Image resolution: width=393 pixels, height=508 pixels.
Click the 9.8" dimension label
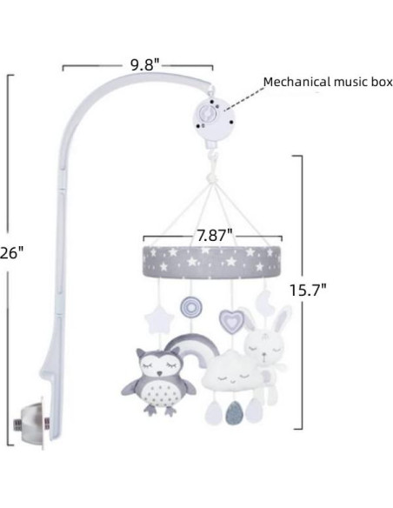click(144, 65)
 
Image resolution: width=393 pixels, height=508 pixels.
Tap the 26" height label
click(11, 253)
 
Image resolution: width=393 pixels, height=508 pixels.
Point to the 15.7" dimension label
click(308, 290)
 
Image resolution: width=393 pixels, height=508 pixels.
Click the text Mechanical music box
click(328, 82)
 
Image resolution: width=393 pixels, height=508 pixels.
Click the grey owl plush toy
click(158, 381)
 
